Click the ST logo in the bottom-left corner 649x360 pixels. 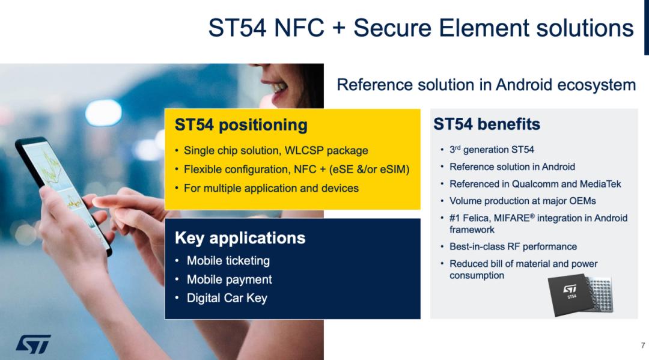click(x=34, y=344)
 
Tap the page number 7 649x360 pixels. click(x=643, y=346)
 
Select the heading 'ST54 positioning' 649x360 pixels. click(x=241, y=125)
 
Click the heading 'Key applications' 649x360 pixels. click(x=240, y=238)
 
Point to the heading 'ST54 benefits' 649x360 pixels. click(x=487, y=124)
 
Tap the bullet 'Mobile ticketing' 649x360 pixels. click(x=228, y=261)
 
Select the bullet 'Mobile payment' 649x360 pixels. click(x=230, y=279)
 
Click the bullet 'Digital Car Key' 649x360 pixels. click(x=227, y=298)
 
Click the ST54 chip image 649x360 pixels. click(x=580, y=295)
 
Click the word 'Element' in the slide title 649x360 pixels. click(x=483, y=28)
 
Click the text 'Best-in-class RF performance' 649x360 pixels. click(x=513, y=246)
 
